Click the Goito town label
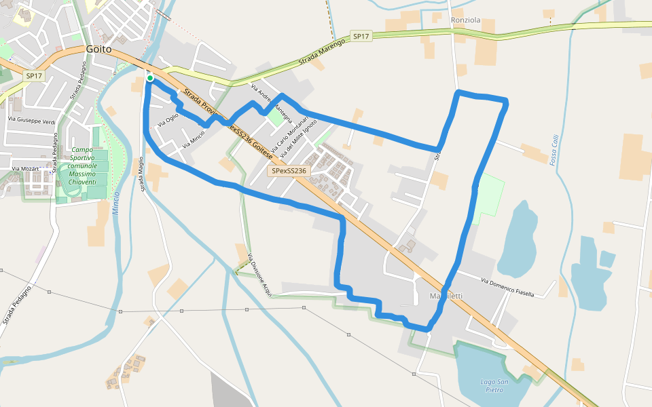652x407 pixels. point(99,49)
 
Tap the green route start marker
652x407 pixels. point(149,79)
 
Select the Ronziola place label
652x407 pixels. point(465,20)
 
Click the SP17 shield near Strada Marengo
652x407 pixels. point(361,36)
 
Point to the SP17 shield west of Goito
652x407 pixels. point(34,76)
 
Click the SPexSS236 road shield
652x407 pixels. point(290,172)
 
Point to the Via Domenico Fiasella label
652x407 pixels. point(507,288)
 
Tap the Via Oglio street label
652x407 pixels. point(168,120)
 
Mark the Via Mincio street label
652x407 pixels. point(194,140)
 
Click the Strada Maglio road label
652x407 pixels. point(142,174)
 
